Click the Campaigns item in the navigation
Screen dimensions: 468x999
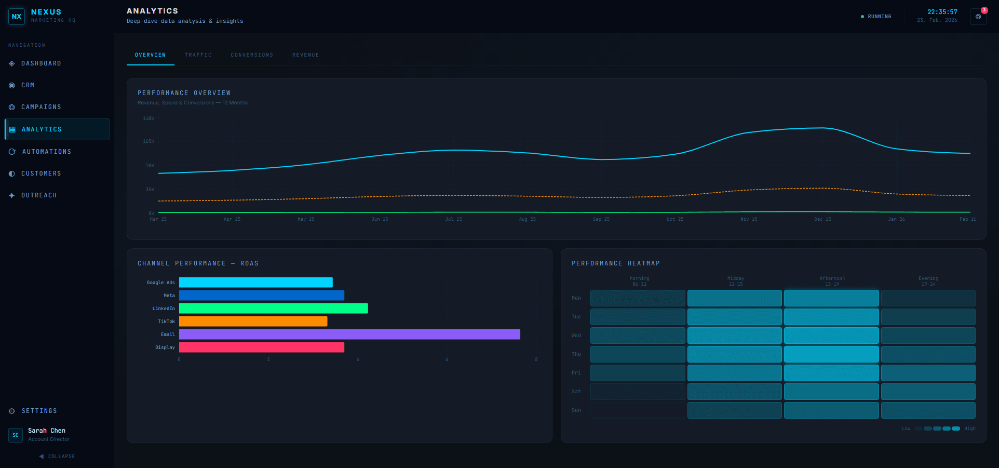[41, 107]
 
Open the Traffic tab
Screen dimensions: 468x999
[198, 55]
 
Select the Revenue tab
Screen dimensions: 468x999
[305, 55]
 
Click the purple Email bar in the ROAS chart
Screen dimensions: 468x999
[349, 335]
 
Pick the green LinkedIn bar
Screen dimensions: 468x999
[273, 309]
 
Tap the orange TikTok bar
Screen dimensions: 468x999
[253, 322]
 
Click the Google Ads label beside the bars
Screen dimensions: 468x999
[161, 283]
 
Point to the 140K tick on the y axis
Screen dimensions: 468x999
[148, 118]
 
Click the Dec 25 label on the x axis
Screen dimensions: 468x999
[822, 219]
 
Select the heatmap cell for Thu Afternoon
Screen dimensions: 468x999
[831, 354]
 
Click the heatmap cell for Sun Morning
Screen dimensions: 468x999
[638, 410]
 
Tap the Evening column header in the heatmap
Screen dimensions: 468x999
[928, 281]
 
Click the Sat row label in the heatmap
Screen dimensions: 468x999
[576, 392]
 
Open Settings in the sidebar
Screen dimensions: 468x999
[39, 411]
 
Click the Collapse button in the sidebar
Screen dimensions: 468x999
[57, 457]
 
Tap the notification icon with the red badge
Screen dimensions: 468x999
[978, 17]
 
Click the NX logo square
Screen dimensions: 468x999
[17, 17]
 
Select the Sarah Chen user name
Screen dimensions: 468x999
[47, 431]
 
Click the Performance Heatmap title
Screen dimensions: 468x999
[615, 263]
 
